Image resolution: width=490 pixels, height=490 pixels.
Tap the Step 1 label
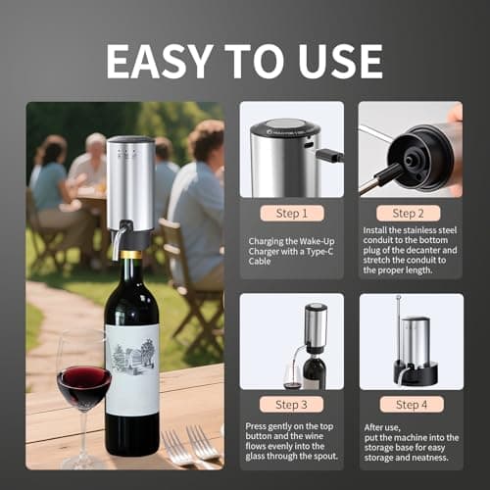point(291,213)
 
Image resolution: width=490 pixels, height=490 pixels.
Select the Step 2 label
point(409,213)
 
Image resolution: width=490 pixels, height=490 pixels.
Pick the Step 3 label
point(291,404)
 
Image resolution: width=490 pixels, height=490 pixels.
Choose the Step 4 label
point(409,404)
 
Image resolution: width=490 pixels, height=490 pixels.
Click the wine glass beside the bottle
point(84,392)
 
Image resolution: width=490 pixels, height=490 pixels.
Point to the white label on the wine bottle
point(132,368)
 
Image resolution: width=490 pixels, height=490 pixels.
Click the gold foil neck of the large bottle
point(130,256)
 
